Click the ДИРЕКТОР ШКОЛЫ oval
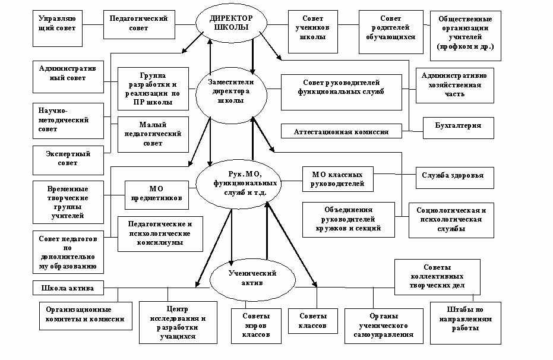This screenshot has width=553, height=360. pyautogui.click(x=229, y=23)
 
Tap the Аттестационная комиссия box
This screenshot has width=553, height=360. pyautogui.click(x=341, y=132)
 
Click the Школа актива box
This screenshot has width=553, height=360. pyautogui.click(x=68, y=288)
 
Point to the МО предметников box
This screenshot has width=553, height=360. pyautogui.click(x=157, y=193)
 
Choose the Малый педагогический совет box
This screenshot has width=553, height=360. pyautogui.click(x=152, y=134)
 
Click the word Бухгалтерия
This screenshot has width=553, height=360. pyautogui.click(x=458, y=126)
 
